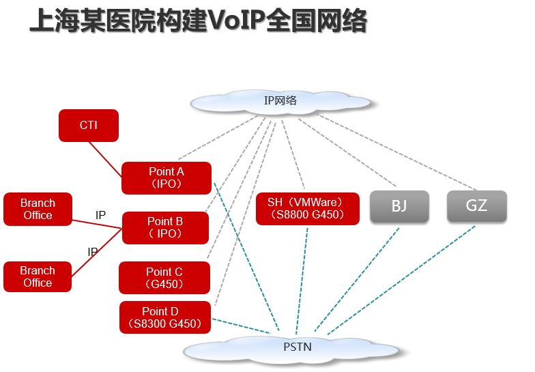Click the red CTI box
point(89,126)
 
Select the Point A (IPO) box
point(166,178)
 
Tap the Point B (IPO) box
point(165,227)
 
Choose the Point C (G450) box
point(164,278)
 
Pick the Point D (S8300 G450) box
point(164,317)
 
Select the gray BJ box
point(399,206)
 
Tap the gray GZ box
point(476,206)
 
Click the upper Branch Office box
point(38,210)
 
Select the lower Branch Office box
point(38,276)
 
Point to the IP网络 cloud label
point(280,101)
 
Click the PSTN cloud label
point(298,347)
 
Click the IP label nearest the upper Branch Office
point(101,216)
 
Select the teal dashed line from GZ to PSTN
point(403,280)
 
